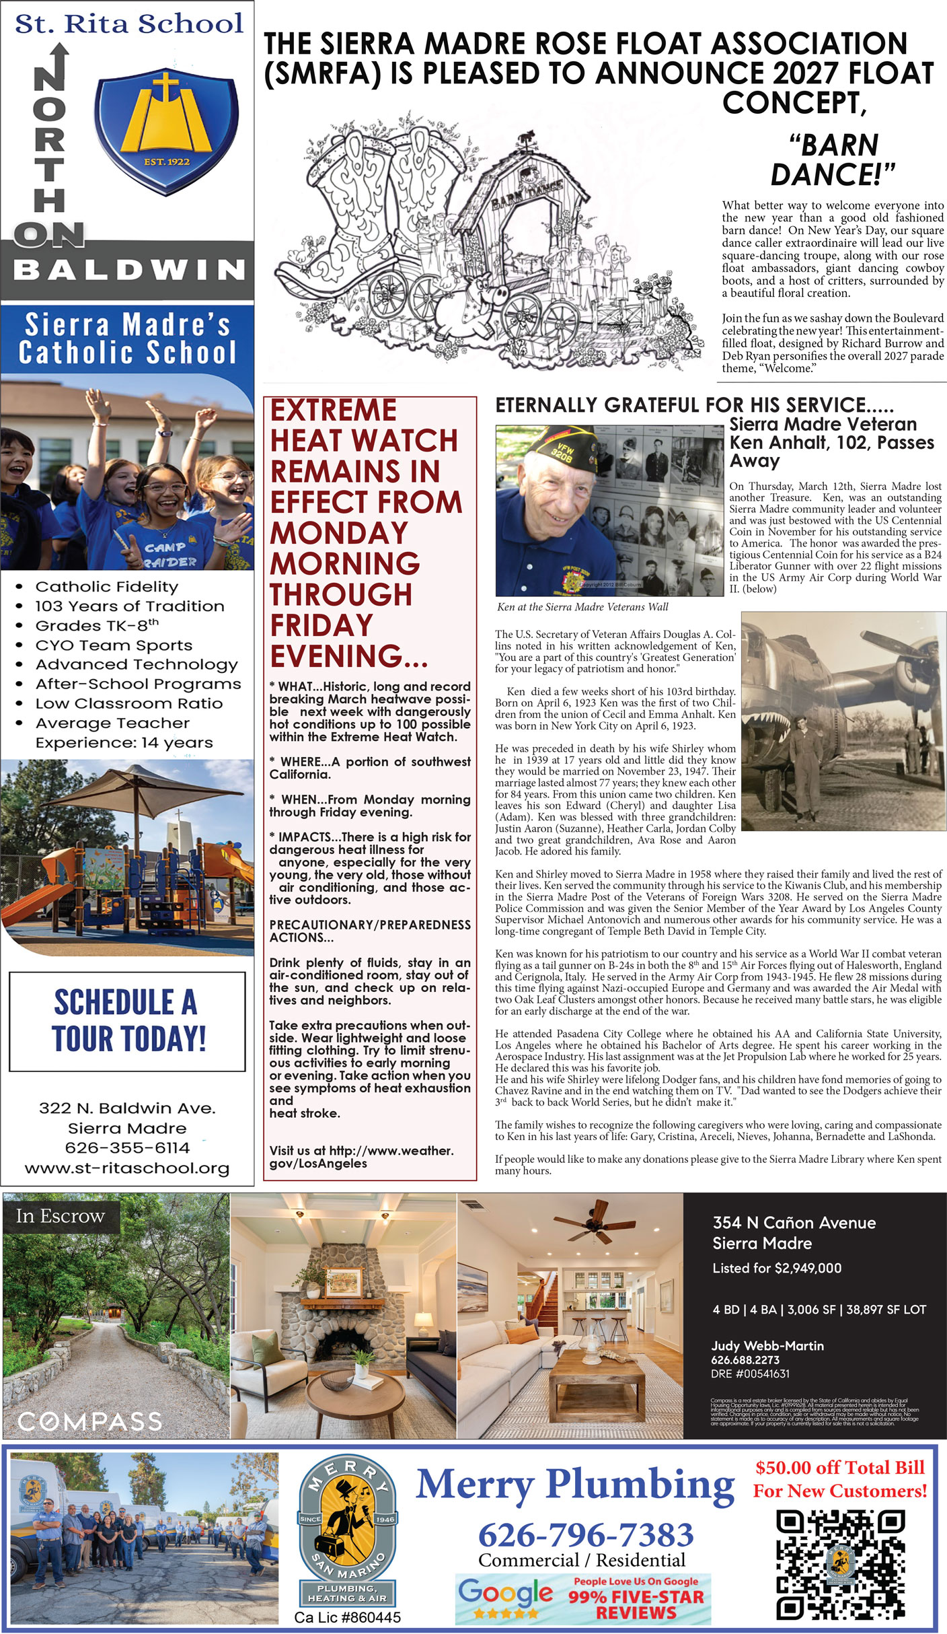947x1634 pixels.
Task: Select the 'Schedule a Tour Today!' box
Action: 127,1021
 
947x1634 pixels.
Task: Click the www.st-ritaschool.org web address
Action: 127,1168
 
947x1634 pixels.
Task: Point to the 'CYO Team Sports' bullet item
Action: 114,645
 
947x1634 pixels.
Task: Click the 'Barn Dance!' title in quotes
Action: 833,159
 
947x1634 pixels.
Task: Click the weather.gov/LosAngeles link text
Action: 361,1157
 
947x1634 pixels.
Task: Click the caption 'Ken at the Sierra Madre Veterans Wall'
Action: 582,606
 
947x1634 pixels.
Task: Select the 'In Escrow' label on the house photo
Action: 61,1216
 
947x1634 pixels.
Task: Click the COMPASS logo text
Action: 89,1421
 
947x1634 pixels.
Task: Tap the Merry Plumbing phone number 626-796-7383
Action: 585,1534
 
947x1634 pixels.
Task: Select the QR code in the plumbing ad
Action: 840,1564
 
